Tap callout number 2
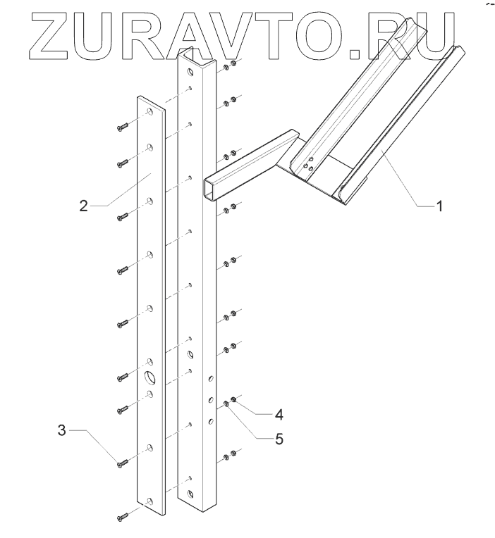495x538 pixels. point(83,206)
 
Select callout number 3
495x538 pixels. point(63,429)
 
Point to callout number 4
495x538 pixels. point(280,412)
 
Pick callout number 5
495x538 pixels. point(279,439)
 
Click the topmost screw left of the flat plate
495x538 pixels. point(121,127)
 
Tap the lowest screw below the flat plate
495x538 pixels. point(121,518)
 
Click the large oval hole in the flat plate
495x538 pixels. point(150,377)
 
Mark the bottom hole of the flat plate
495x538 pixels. point(150,501)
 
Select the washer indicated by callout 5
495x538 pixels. point(226,404)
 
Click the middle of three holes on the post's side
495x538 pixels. point(209,401)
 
